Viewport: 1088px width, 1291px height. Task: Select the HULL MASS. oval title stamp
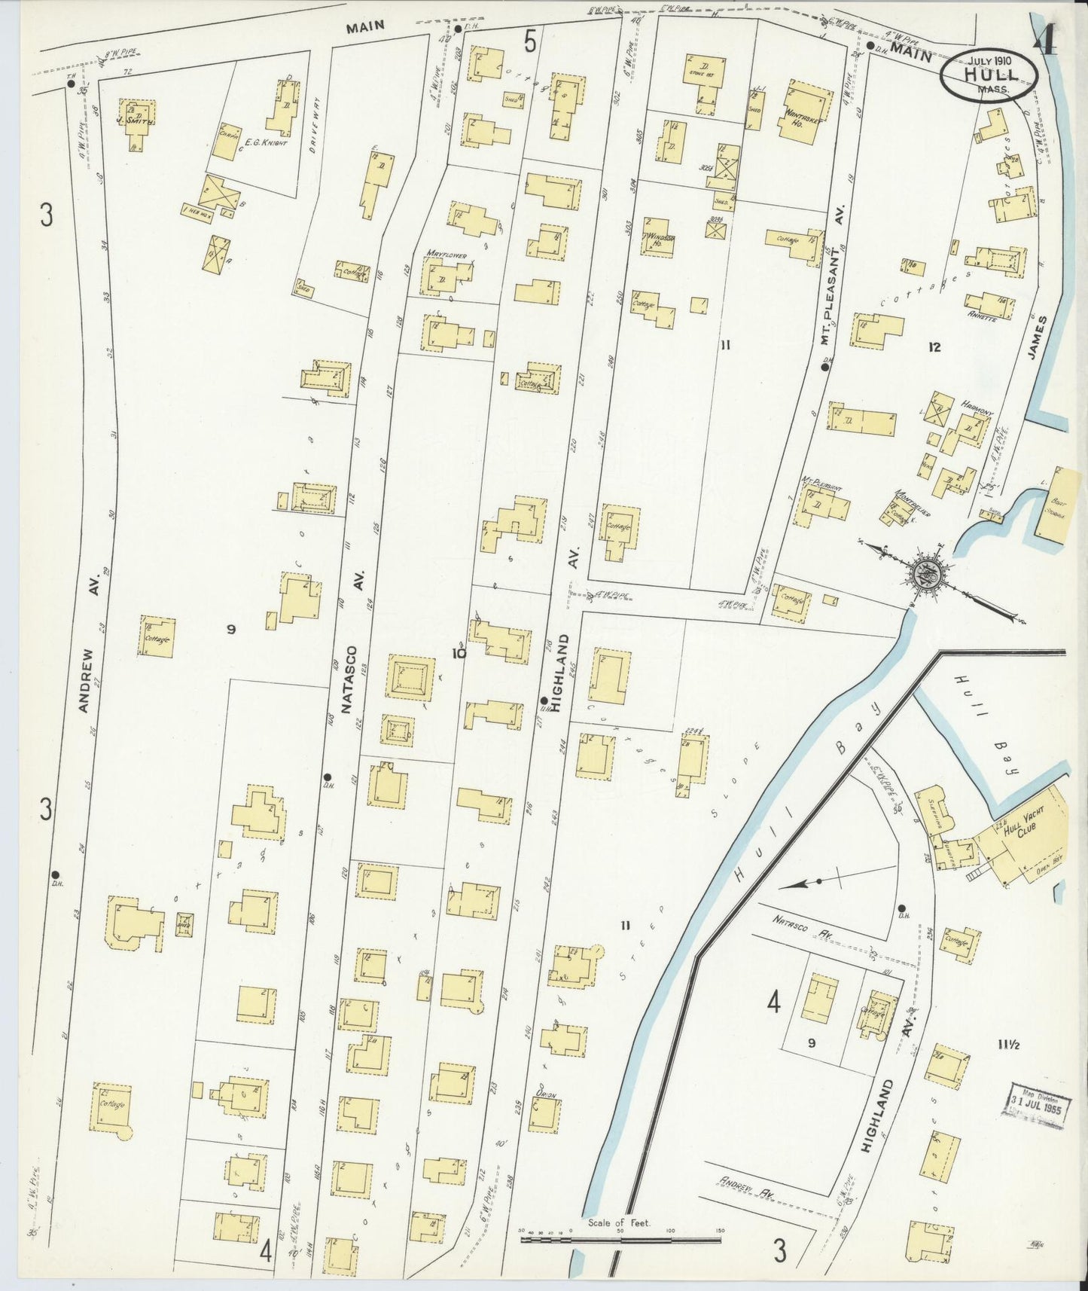point(989,75)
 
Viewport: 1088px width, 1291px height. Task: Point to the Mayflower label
point(446,255)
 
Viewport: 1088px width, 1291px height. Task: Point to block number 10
point(459,654)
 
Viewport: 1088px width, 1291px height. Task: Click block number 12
point(934,347)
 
